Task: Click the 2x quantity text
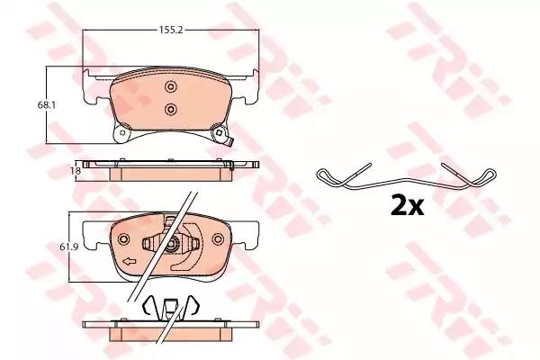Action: (x=405, y=206)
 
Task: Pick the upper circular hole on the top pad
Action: (x=169, y=86)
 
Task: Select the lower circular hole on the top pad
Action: (x=169, y=109)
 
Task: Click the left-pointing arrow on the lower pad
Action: (x=130, y=262)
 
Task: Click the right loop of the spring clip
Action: (x=486, y=175)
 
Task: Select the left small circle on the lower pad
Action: (x=124, y=240)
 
